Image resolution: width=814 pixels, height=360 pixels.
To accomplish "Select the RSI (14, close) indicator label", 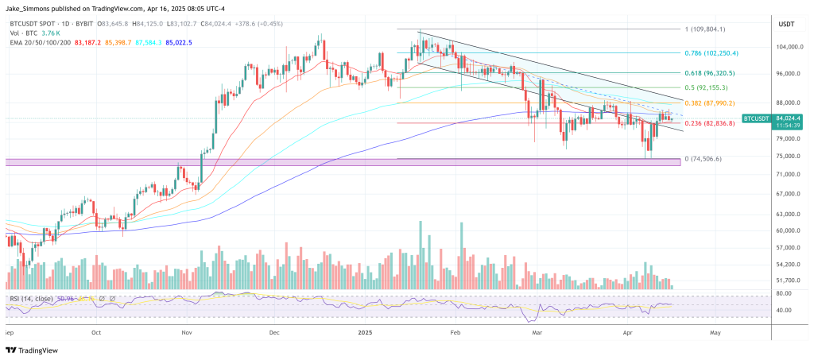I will pos(33,298).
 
